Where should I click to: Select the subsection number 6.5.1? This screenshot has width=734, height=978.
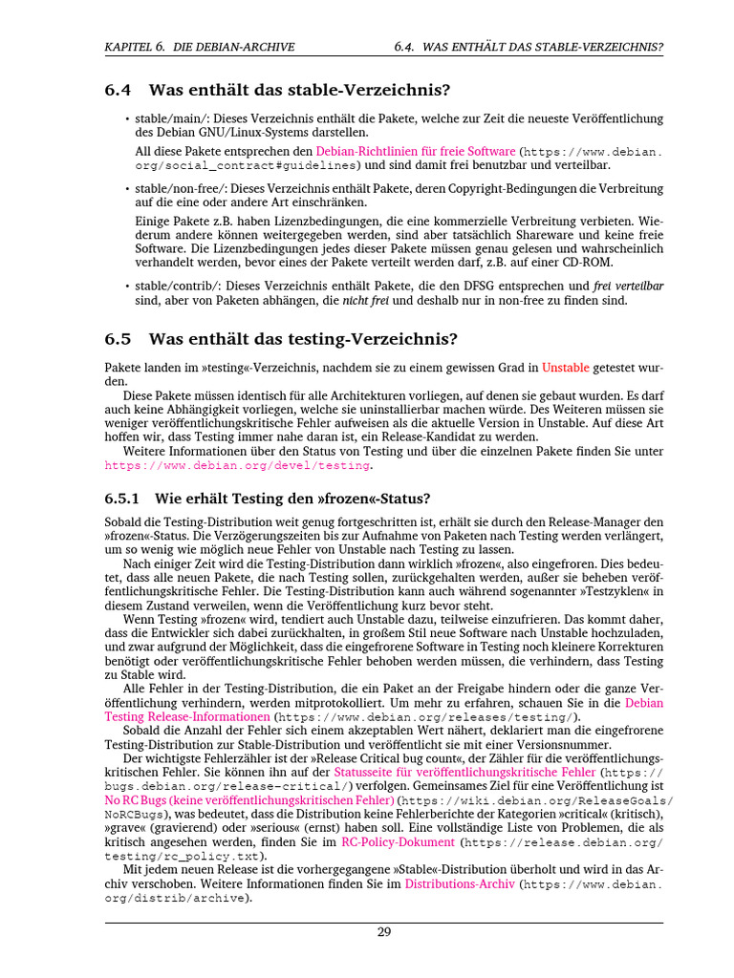coord(122,499)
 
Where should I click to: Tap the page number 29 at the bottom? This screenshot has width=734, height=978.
coord(384,932)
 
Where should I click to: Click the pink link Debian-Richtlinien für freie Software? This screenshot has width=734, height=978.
coord(416,151)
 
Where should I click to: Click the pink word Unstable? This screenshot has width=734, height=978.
coord(565,367)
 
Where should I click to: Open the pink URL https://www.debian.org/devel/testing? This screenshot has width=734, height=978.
coord(236,465)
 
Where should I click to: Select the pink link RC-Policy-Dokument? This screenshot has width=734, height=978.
coord(398,843)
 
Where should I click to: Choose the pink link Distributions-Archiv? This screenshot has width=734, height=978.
coord(460,884)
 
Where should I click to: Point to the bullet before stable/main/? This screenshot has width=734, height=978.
coord(127,118)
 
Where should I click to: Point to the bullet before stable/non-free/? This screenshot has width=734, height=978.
coord(127,188)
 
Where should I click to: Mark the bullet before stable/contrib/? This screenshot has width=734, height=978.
coord(127,286)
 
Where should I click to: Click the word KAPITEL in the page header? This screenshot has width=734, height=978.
coord(132,46)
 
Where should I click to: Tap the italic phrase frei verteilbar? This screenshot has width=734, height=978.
coord(628,286)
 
